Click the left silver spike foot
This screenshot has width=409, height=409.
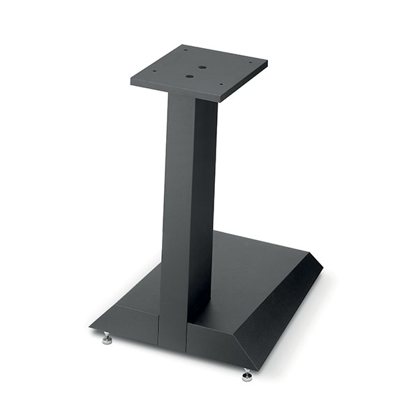tap(107, 339)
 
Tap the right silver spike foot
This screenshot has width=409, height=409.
tap(247, 375)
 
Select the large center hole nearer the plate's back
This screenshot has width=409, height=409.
tap(202, 68)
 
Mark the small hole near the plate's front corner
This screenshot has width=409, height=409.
tap(222, 87)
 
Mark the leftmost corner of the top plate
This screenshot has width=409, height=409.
tap(131, 74)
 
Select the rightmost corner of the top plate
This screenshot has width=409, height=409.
tap(267, 63)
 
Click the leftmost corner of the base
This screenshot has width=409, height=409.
tap(90, 325)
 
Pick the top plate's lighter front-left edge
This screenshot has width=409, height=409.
tap(174, 89)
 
